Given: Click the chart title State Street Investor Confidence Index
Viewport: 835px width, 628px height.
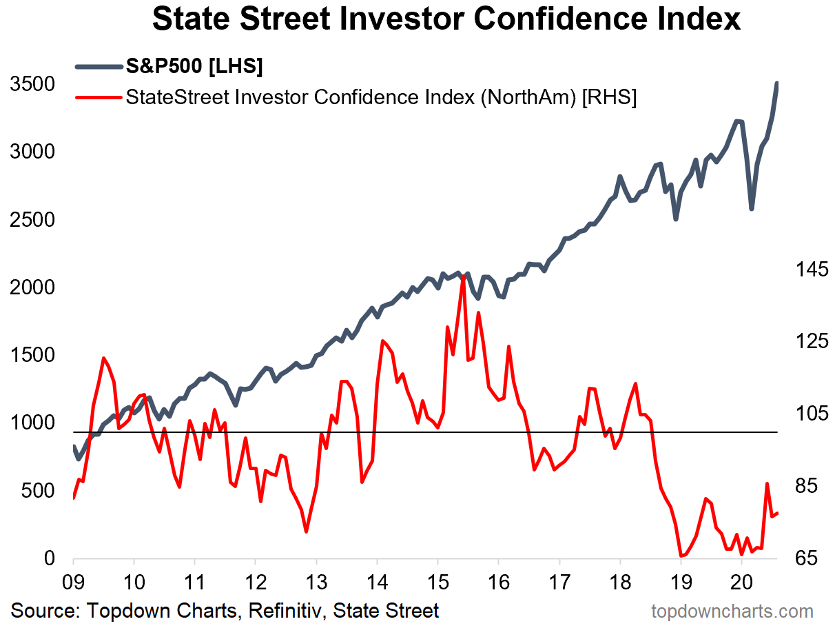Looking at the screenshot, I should pos(446,19).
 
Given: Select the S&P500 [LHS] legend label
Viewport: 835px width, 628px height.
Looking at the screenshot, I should pos(194,67).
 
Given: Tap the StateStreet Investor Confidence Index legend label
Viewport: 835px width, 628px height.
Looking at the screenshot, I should pos(381,97).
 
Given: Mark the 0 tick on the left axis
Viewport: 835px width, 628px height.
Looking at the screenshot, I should pos(50,559).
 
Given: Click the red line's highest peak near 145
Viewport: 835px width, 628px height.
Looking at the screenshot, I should pos(463,276).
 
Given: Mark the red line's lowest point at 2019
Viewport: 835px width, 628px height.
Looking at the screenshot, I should pos(681,556).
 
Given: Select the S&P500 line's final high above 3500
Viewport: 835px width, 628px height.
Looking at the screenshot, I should pos(777,84).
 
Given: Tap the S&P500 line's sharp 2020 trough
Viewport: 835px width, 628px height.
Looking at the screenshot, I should pos(752,208).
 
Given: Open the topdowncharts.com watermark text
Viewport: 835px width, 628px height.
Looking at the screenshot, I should pos(732,611).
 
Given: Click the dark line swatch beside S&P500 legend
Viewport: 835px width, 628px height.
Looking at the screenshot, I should pos(98,67).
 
